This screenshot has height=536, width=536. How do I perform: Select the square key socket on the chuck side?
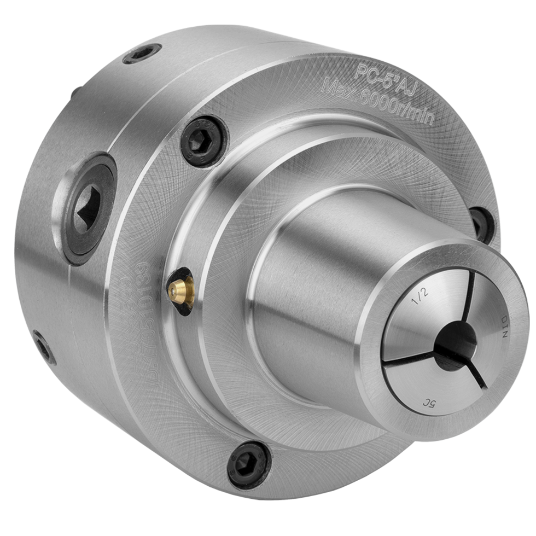pyautogui.click(x=87, y=209)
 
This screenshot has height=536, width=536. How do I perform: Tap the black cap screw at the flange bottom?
pyautogui.click(x=249, y=464)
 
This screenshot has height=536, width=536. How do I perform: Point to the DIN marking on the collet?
pyautogui.click(x=504, y=327)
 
